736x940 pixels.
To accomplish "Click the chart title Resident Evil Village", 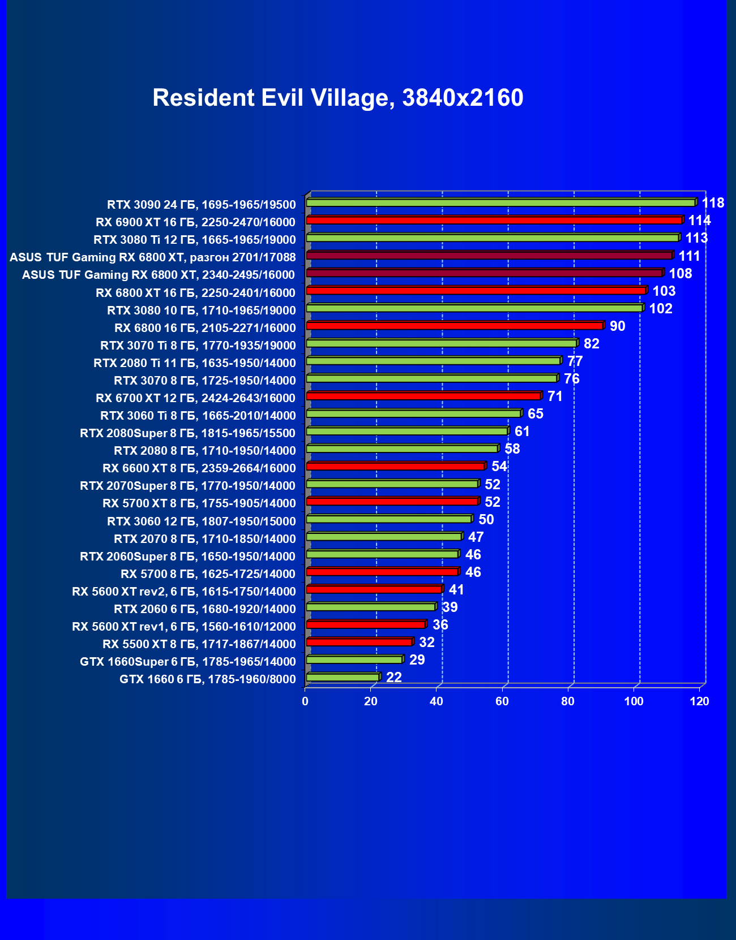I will click(x=337, y=98).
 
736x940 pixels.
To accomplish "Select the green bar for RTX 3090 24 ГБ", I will click(x=500, y=202).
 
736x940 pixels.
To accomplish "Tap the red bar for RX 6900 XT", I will click(x=494, y=220).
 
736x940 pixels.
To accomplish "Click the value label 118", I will click(x=713, y=203).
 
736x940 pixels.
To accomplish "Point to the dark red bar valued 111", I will click(x=489, y=256).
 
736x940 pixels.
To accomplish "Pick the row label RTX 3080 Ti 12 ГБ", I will click(x=194, y=240).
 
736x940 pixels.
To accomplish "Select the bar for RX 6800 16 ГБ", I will click(x=455, y=326).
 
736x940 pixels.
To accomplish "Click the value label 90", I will click(x=617, y=326).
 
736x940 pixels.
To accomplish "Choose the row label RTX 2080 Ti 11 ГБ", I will click(x=194, y=363).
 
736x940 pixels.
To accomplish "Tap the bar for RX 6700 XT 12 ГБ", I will click(x=423, y=396).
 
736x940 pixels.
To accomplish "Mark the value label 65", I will click(x=535, y=414).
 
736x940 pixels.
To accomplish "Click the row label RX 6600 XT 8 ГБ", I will click(x=199, y=468).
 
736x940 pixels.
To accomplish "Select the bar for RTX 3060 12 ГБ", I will click(x=389, y=519).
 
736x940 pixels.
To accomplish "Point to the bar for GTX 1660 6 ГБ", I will click(x=343, y=677).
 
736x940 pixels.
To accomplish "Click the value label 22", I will click(x=393, y=678).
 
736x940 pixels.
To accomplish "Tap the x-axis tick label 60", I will click(x=502, y=701).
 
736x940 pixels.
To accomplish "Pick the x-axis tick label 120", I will click(x=700, y=701).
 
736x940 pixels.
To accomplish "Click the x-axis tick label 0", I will click(x=305, y=701).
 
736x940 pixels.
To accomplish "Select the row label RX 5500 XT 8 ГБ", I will click(x=199, y=644).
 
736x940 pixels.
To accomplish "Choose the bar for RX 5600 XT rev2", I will click(x=374, y=589).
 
